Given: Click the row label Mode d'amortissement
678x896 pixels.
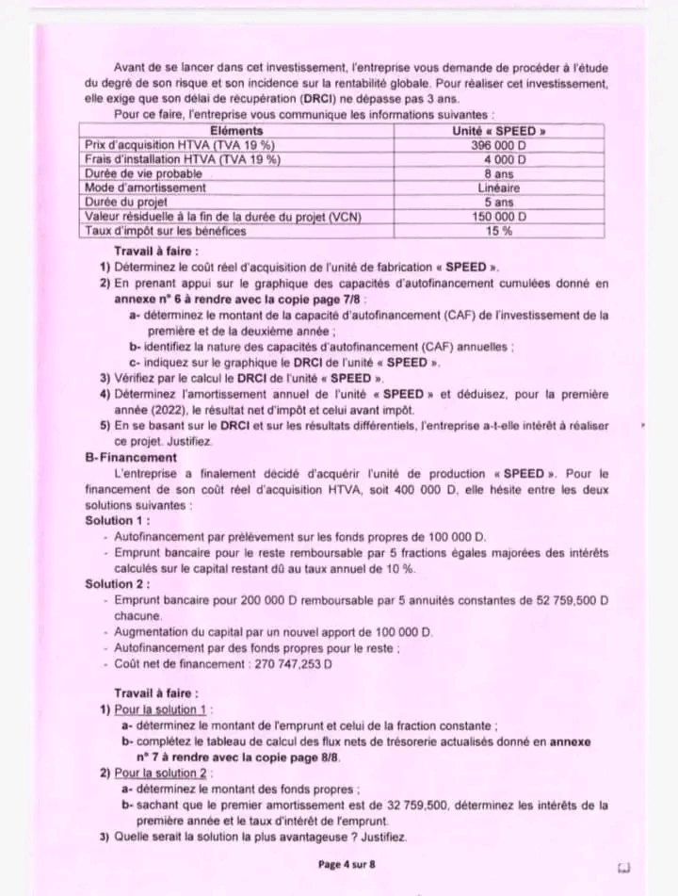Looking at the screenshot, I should (x=145, y=187).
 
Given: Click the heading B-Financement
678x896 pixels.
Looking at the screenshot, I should (x=130, y=457).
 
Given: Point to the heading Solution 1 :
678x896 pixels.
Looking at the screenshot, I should (x=117, y=520).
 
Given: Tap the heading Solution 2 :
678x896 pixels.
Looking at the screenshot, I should (x=117, y=584).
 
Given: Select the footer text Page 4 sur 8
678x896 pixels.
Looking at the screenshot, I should (x=347, y=863).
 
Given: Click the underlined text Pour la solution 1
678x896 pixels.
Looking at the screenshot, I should (x=163, y=709).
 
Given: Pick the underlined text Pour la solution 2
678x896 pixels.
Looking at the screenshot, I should (x=163, y=773).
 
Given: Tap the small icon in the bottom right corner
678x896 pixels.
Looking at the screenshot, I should (x=622, y=865).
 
